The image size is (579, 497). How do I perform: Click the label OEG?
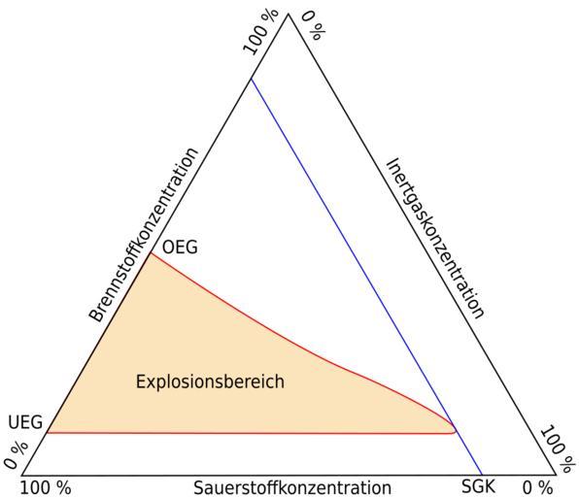[180, 247]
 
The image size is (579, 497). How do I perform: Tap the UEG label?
[25, 422]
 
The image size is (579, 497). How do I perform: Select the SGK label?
[478, 486]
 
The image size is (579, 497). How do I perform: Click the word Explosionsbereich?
[210, 381]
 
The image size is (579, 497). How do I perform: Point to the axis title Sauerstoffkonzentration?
[292, 487]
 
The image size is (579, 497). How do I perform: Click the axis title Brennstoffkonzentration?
[144, 236]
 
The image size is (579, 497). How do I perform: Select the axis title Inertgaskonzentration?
[435, 238]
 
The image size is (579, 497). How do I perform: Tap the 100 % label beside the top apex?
[261, 32]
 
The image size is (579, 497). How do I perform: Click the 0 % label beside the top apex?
[314, 26]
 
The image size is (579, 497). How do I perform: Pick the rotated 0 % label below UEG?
[16, 454]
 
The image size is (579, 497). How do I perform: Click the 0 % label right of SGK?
[537, 487]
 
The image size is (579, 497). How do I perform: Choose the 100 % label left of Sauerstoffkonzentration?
[45, 488]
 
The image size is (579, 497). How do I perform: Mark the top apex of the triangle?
[289, 14]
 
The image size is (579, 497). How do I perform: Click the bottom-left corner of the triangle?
[21, 475]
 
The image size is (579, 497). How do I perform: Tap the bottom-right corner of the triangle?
[556, 475]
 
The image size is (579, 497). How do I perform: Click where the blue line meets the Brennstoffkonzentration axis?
[251, 79]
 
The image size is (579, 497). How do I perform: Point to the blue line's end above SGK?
[482, 475]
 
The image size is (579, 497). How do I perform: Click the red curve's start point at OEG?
[151, 253]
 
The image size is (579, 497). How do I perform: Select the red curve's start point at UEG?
[47, 432]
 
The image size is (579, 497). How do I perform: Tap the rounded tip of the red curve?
[456, 429]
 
